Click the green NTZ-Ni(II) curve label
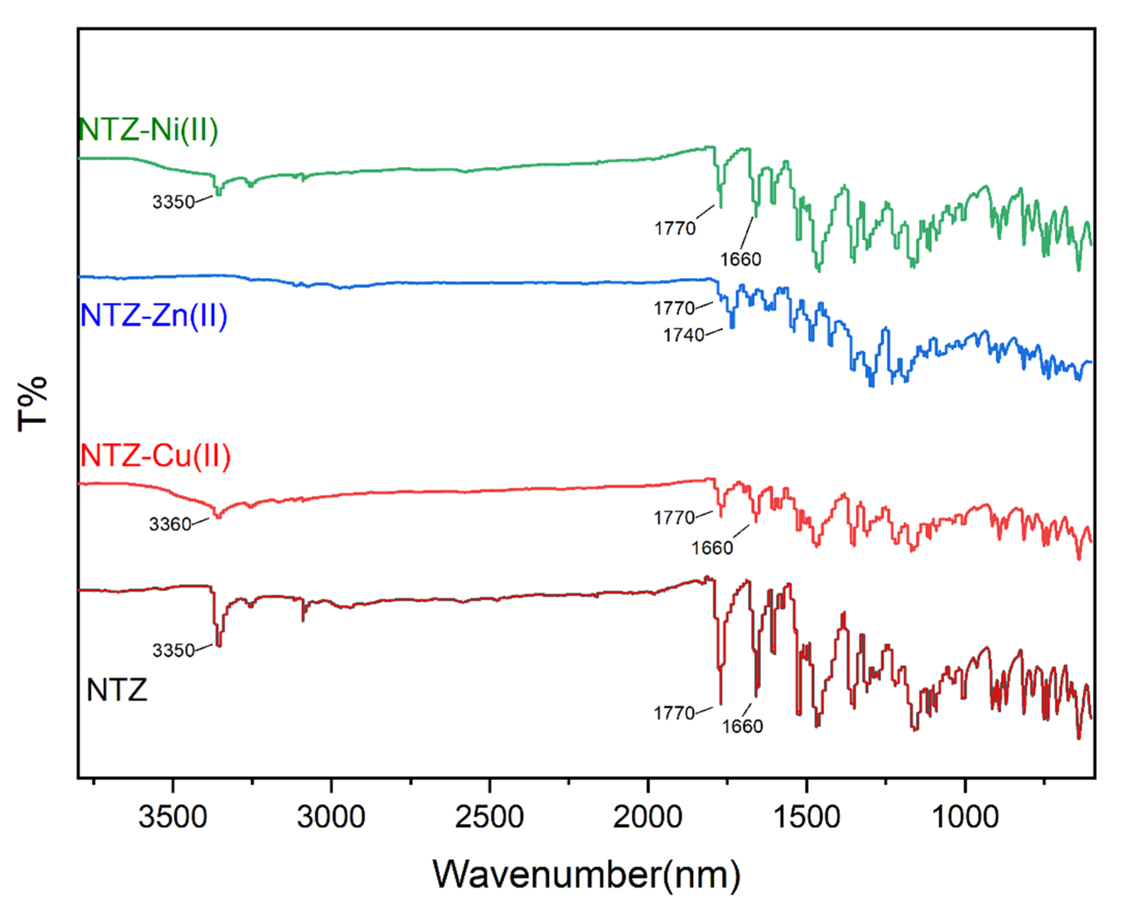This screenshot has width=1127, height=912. (x=148, y=130)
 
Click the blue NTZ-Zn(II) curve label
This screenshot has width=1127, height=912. (x=154, y=316)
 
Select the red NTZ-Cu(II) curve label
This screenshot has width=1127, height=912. (x=155, y=456)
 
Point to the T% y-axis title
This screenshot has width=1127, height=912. (x=33, y=404)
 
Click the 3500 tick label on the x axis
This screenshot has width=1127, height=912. (x=173, y=817)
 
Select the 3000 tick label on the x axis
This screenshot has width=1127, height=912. (x=331, y=817)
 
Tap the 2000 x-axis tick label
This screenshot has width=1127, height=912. (x=648, y=817)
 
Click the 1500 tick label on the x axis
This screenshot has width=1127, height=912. (x=807, y=817)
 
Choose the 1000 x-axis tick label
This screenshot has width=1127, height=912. (x=965, y=817)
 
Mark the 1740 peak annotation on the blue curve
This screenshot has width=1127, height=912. (x=683, y=335)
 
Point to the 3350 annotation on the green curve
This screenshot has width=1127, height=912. (x=173, y=202)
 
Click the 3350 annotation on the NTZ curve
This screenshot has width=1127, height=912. (x=173, y=651)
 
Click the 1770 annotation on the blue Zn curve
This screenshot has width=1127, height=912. (x=674, y=309)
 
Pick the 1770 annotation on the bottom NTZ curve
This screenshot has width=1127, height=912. (x=674, y=713)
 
